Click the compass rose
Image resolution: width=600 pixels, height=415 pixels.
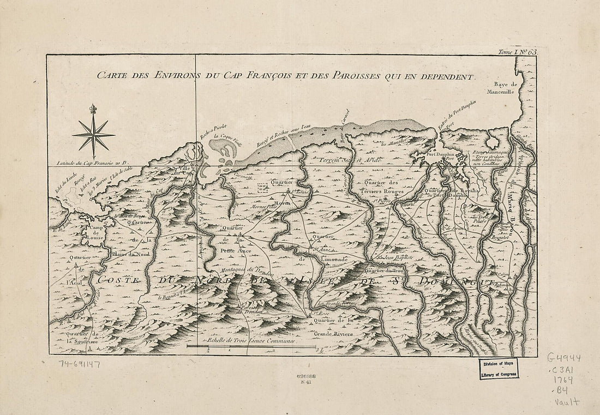pos(94,134)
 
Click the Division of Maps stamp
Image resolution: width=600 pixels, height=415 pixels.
pos(499,369)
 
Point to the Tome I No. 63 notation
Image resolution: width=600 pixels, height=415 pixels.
pos(517,52)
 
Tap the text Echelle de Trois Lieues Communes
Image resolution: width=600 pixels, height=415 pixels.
pos(250,340)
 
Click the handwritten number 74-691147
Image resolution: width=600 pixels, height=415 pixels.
pos(79,363)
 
